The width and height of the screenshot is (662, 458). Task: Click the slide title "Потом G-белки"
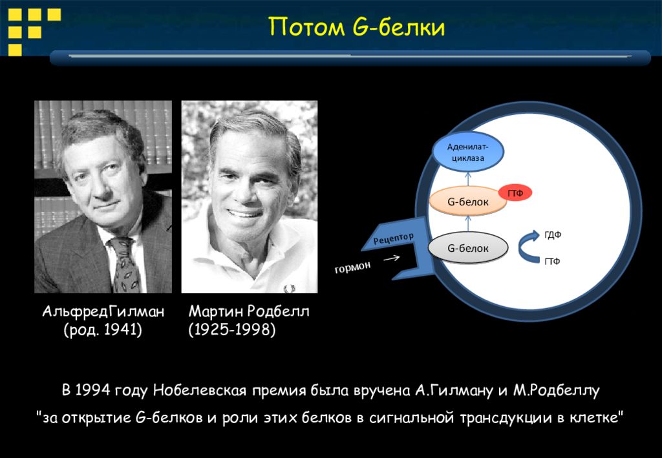point(357,27)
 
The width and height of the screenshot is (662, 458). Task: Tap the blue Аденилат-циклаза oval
point(468,152)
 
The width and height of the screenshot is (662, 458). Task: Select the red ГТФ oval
point(515,193)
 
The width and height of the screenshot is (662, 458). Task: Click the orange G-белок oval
point(468,202)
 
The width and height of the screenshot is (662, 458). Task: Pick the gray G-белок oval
point(468,248)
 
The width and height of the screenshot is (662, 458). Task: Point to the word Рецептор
point(394,238)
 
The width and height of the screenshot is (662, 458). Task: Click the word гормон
point(352,267)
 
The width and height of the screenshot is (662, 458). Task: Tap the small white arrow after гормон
point(391,258)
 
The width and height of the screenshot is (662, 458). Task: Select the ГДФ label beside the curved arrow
point(553,235)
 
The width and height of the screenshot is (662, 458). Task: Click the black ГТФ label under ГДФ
point(552,262)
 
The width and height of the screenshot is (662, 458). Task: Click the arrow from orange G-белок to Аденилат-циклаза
point(468,178)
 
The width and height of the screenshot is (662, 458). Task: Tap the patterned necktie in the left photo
point(125,264)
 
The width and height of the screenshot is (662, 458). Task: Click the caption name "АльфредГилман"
point(103,311)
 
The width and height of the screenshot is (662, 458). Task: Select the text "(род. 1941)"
point(103,330)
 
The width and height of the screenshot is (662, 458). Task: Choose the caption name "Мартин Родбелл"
point(249,311)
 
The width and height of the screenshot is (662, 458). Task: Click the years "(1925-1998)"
point(232,330)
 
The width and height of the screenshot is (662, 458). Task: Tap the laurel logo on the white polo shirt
point(290,289)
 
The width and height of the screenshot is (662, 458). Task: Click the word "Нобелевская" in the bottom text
point(199,390)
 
